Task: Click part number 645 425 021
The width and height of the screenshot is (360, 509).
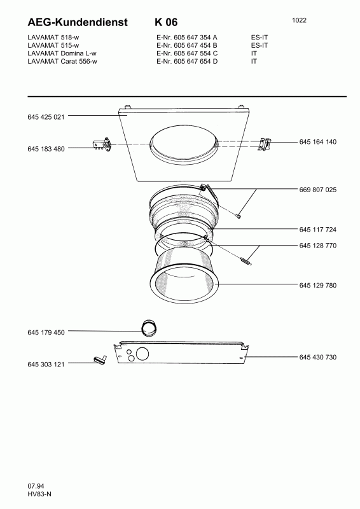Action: pos(46,117)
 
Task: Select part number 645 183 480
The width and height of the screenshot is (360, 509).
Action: pos(46,149)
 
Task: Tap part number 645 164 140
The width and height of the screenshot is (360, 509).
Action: pos(318,142)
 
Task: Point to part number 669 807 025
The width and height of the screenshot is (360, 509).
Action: pos(318,190)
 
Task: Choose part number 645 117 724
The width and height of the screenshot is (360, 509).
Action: pos(318,230)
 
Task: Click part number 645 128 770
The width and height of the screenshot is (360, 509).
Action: pos(318,246)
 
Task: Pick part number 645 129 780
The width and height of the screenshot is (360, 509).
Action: pos(318,285)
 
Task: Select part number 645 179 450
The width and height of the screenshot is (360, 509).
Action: pos(46,332)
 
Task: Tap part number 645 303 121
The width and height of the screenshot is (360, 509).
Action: pos(46,364)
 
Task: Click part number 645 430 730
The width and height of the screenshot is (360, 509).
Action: pos(318,357)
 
